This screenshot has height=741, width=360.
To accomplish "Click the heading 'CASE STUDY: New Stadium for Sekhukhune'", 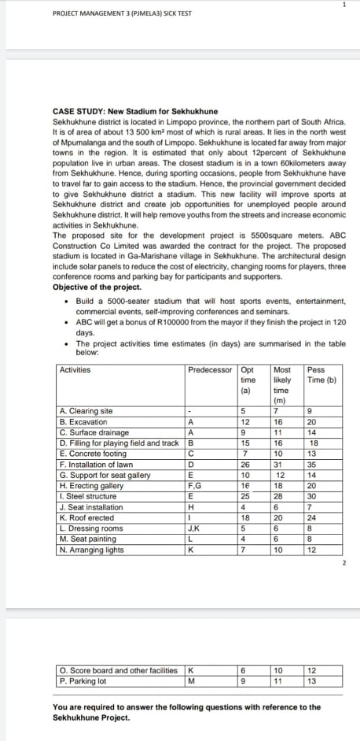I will [135, 111].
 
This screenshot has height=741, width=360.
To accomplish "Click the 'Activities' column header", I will [75, 370].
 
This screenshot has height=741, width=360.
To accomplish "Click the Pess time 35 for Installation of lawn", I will [313, 464].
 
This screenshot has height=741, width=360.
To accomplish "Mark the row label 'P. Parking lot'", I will [83, 681].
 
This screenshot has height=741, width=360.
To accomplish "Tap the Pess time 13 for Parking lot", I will [313, 681].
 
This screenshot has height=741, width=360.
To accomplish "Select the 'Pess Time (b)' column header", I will [323, 375].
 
